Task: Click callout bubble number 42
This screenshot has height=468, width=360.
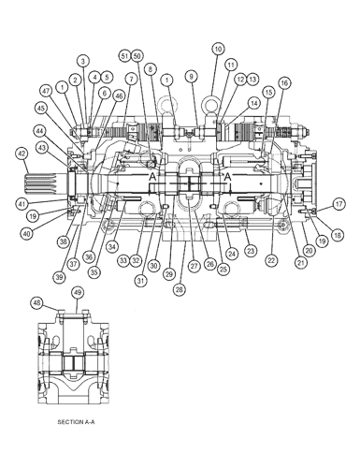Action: point(21,153)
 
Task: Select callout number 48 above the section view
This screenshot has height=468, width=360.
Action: point(37,302)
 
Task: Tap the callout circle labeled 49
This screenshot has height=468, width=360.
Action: point(78,293)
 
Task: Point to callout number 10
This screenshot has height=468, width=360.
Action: point(218,48)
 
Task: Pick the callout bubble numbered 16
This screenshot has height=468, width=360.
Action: point(284,82)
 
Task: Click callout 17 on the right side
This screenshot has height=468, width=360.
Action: point(339,203)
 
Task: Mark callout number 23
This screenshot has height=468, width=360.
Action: point(251,251)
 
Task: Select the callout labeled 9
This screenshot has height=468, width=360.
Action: point(191,75)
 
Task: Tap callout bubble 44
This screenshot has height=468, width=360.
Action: point(40,131)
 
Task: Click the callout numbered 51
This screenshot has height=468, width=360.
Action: point(124,56)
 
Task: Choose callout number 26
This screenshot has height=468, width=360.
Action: point(209,265)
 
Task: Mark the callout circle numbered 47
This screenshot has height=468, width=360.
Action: point(44,91)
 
